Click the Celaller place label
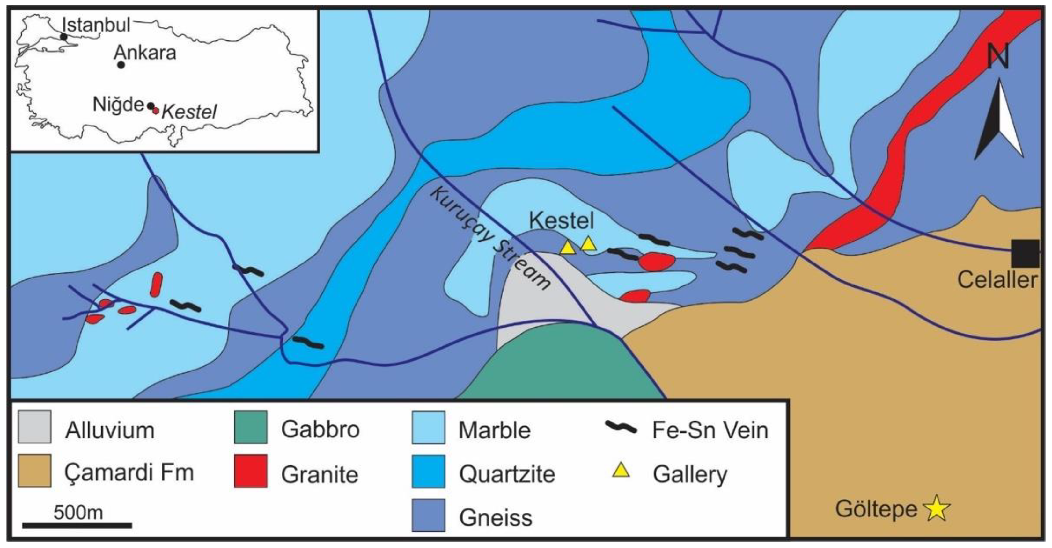pos(997,280)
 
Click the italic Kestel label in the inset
pos(189,112)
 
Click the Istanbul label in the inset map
pos(96,25)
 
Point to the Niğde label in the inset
pos(118,105)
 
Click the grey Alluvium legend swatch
pos(34,427)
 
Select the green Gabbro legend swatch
pos(250,427)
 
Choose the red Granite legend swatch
pos(250,471)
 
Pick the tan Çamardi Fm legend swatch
pos(34,471)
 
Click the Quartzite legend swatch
pos(428,471)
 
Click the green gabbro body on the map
pos(563,363)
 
